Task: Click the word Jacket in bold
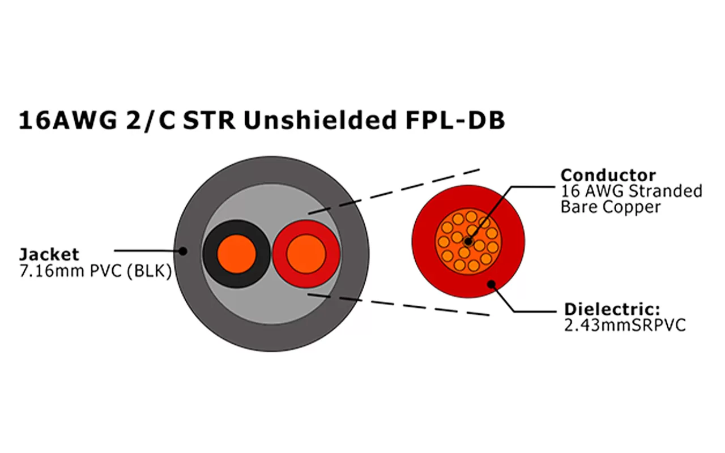tap(49, 254)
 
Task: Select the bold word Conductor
tap(608, 175)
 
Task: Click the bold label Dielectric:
tap(612, 310)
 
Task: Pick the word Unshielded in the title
tap(331, 121)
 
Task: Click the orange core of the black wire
tap(236, 253)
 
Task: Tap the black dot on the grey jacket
tap(183, 250)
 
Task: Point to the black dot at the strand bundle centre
tap(467, 241)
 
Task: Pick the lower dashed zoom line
tap(396, 305)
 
